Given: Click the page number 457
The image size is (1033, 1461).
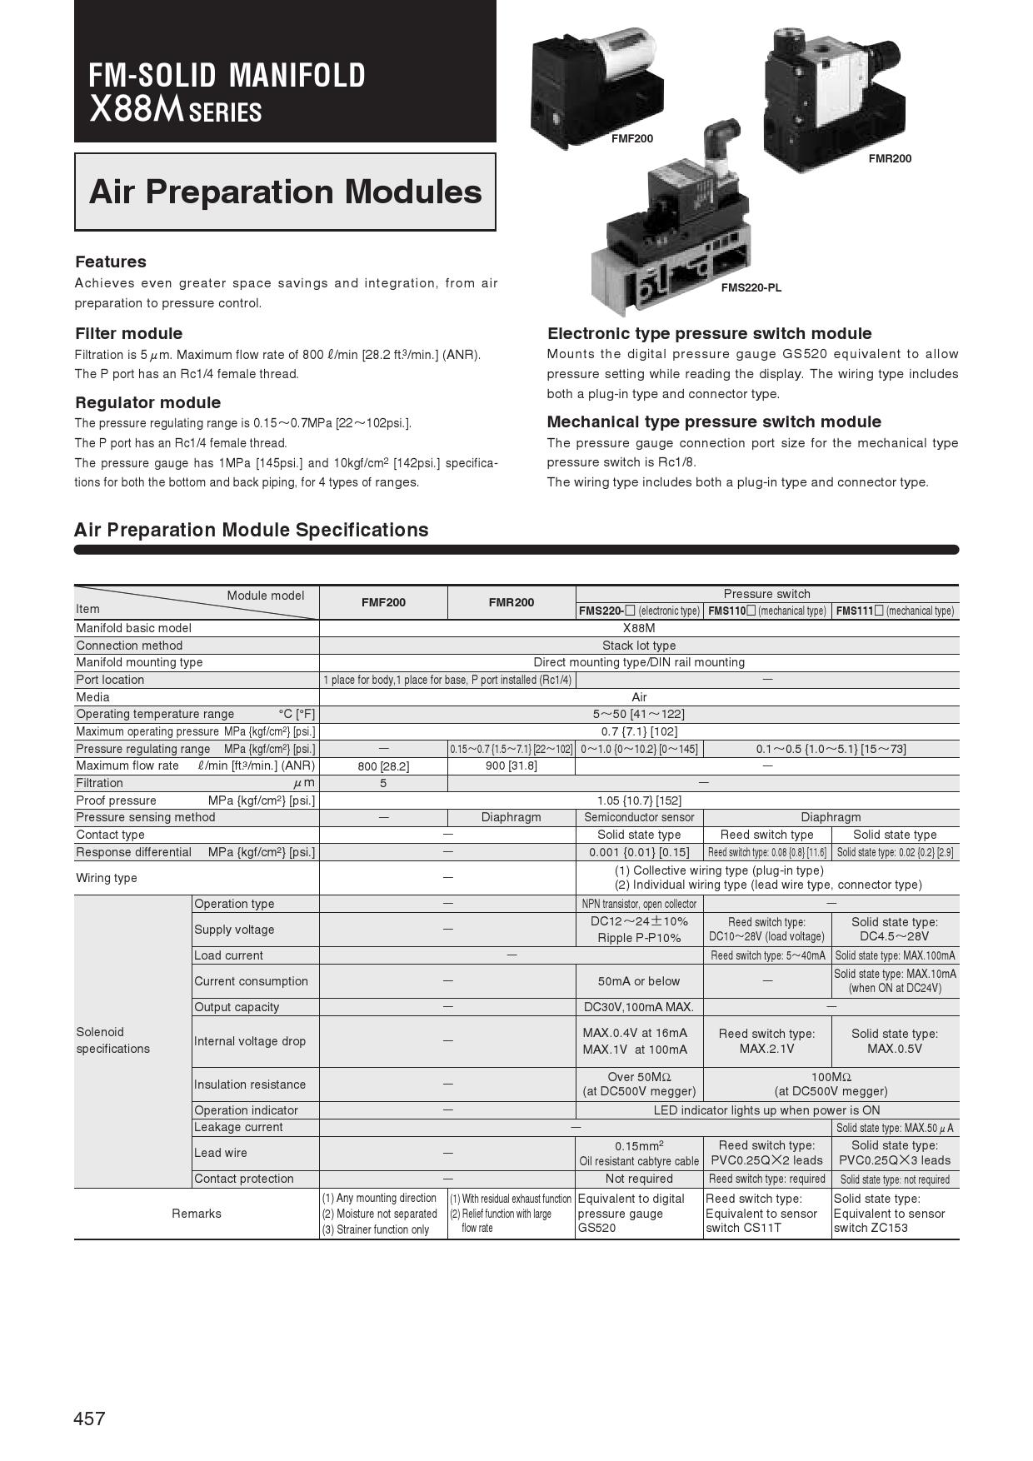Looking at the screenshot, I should pyautogui.click(x=90, y=1419).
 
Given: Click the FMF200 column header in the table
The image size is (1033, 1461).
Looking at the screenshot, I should pyautogui.click(x=383, y=602).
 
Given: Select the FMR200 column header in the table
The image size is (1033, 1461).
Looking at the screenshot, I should pyautogui.click(x=512, y=602).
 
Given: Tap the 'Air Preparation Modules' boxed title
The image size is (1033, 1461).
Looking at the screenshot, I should pyautogui.click(x=285, y=192).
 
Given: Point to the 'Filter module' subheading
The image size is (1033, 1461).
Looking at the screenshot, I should pyautogui.click(x=128, y=333).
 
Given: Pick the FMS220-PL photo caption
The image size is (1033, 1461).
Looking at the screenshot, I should pyautogui.click(x=751, y=288).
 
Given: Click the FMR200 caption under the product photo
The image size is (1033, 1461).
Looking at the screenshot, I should pyautogui.click(x=890, y=158).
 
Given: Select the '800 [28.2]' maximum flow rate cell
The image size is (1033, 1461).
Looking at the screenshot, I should pyautogui.click(x=383, y=766).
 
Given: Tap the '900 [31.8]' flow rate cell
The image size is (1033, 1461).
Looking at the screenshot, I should pyautogui.click(x=512, y=765).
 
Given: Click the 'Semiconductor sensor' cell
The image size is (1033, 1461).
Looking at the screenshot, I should pyautogui.click(x=639, y=817).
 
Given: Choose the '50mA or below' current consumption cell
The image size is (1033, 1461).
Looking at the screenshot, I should pyautogui.click(x=639, y=981).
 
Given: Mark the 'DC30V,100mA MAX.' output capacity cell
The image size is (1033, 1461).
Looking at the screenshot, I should pyautogui.click(x=639, y=1007).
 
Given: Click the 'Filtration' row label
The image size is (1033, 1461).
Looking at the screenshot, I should pyautogui.click(x=99, y=783).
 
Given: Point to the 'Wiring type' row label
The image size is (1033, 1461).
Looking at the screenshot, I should pyautogui.click(x=107, y=878).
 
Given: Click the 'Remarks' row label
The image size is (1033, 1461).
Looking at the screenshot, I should pyautogui.click(x=197, y=1214).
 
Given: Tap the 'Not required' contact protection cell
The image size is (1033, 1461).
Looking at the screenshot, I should pyautogui.click(x=639, y=1179).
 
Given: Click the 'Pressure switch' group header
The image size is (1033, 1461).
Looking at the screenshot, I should pyautogui.click(x=766, y=594).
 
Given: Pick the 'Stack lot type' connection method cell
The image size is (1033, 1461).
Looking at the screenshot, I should pyautogui.click(x=639, y=646).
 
